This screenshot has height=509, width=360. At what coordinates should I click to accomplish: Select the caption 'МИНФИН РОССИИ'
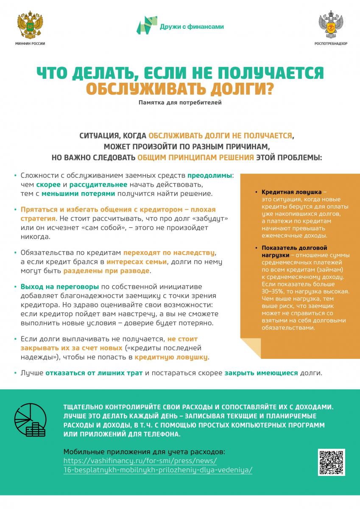click(x=30, y=44)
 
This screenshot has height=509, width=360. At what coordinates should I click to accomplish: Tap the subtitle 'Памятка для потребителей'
click(x=180, y=102)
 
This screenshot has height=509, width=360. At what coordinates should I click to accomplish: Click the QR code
click(x=331, y=462)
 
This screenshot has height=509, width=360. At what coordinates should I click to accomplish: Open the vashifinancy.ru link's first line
click(x=140, y=461)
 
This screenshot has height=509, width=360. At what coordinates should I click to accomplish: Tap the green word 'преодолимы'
click(x=210, y=175)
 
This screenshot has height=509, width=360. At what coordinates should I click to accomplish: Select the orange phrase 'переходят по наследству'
click(x=169, y=252)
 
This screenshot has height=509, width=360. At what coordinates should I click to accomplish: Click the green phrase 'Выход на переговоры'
click(x=60, y=286)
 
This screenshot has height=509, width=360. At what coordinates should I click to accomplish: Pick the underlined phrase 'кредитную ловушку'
click(x=171, y=357)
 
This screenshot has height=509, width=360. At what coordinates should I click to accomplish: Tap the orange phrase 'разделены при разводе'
click(x=107, y=270)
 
